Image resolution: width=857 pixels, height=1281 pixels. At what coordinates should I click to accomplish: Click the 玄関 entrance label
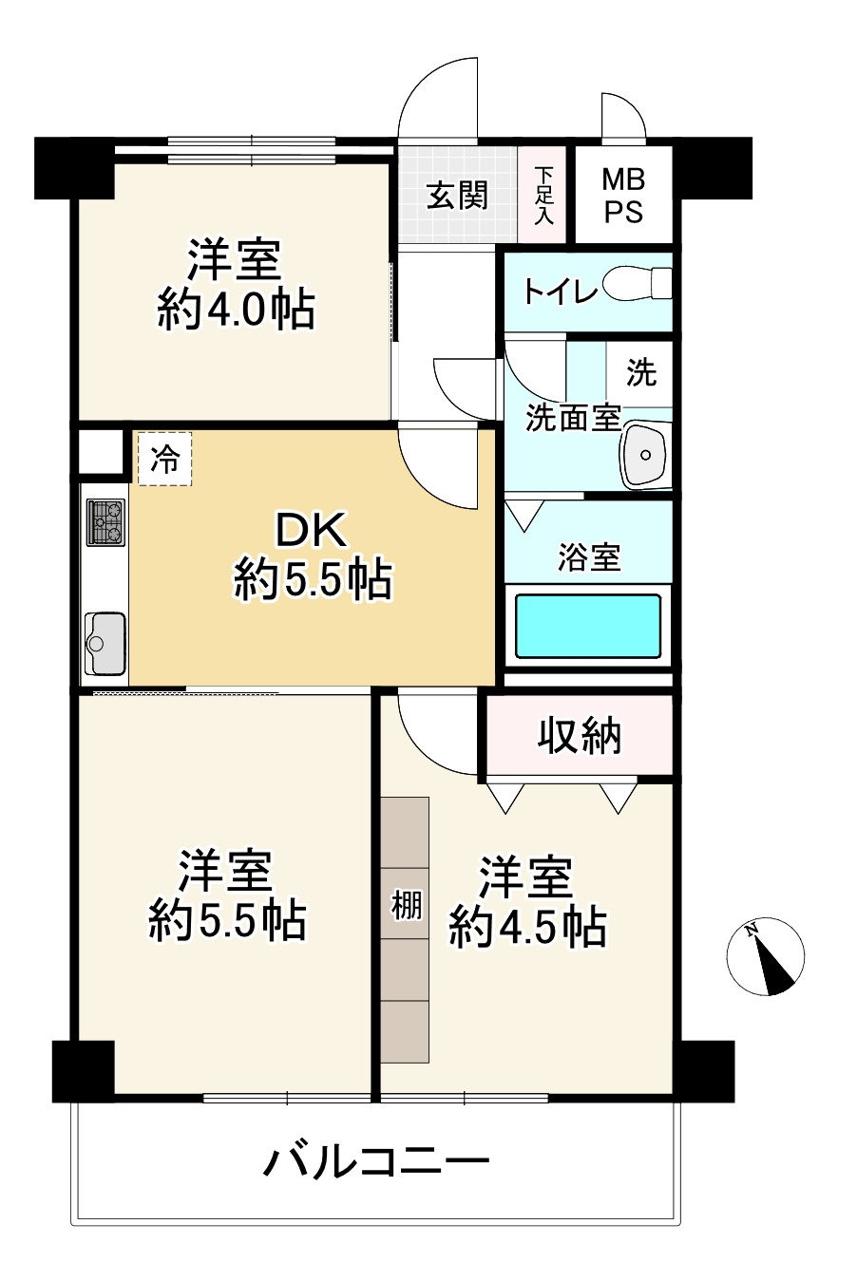pyautogui.click(x=457, y=196)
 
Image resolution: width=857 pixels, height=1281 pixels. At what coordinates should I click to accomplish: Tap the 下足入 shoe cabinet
pyautogui.click(x=543, y=195)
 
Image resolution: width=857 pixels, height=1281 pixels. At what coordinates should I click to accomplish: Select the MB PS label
pyautogui.click(x=623, y=195)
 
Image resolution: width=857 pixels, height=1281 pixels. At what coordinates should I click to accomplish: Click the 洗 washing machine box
pyautogui.click(x=639, y=373)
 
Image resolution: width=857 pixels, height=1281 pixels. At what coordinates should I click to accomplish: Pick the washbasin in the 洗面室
pyautogui.click(x=647, y=455)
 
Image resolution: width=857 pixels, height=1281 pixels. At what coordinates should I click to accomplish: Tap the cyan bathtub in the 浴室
pyautogui.click(x=588, y=626)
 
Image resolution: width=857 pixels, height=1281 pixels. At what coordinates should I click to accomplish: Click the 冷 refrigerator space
pyautogui.click(x=164, y=459)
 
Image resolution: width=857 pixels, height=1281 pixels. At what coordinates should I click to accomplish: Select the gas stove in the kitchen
pyautogui.click(x=105, y=522)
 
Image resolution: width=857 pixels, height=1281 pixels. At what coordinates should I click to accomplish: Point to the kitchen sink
pyautogui.click(x=105, y=644)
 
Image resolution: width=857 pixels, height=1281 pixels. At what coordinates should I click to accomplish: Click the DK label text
pyautogui.click(x=311, y=530)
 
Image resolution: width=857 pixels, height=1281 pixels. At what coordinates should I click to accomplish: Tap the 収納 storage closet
pyautogui.click(x=579, y=735)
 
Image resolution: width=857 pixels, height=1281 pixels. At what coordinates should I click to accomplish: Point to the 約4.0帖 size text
pyautogui.click(x=236, y=310)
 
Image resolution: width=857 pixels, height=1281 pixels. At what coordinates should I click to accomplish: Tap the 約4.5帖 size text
pyautogui.click(x=527, y=927)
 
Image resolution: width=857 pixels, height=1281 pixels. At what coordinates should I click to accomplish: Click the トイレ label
pyautogui.click(x=559, y=292)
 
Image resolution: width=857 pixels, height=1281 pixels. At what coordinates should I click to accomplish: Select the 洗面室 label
pyautogui.click(x=573, y=418)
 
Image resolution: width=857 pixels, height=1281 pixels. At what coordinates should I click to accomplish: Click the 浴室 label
pyautogui.click(x=589, y=557)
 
